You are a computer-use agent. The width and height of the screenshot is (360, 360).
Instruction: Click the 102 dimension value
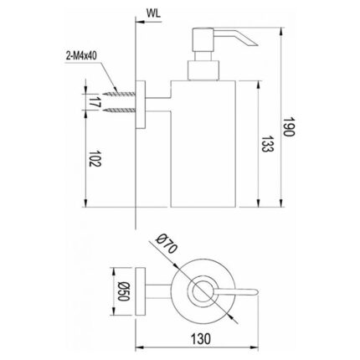point(91,161)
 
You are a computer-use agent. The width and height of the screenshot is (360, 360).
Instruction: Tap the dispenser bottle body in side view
point(204,142)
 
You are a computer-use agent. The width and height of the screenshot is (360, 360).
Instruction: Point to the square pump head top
point(205,37)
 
